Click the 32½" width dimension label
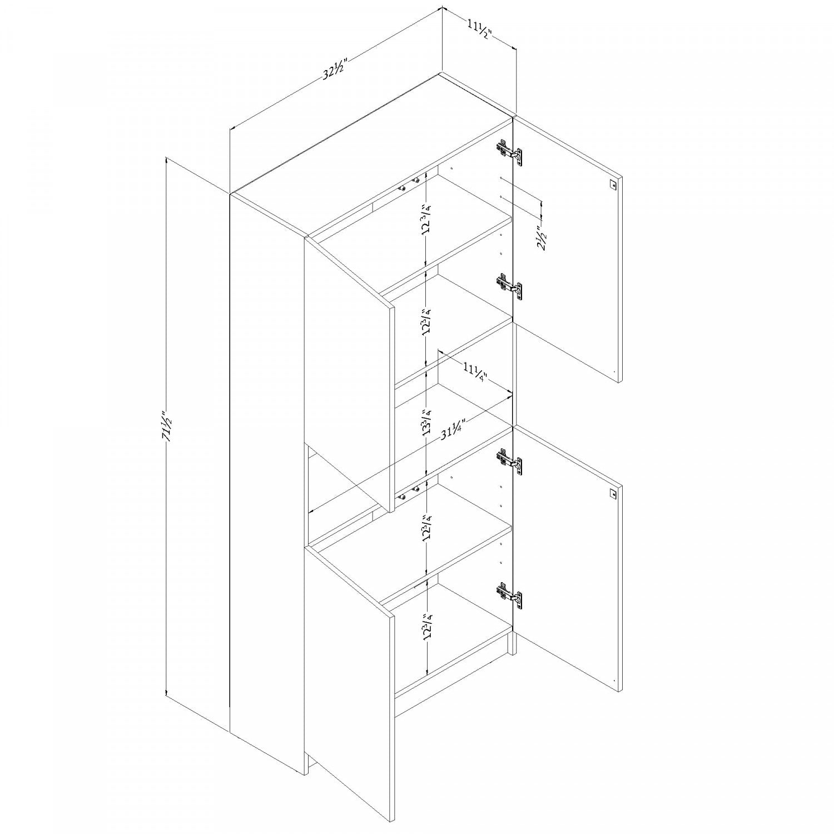coord(335,68)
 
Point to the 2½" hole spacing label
coord(544,236)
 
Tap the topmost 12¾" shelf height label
coord(426,219)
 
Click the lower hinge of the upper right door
coord(509,287)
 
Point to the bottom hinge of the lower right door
coord(509,595)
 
